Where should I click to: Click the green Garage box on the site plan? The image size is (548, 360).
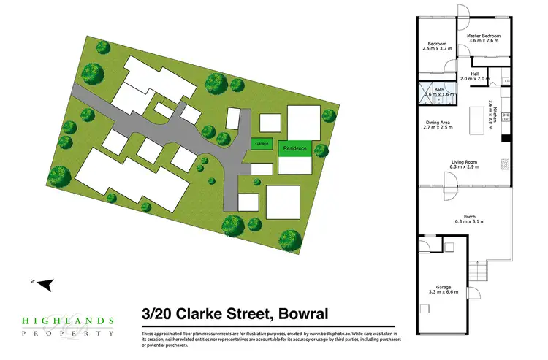[x=262, y=145]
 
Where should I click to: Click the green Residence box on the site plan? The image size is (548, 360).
[x=295, y=148]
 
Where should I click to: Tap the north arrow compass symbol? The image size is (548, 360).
[x=44, y=283]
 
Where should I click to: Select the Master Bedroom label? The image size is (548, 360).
[x=483, y=38]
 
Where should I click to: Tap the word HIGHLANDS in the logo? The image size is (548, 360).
[x=66, y=320]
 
